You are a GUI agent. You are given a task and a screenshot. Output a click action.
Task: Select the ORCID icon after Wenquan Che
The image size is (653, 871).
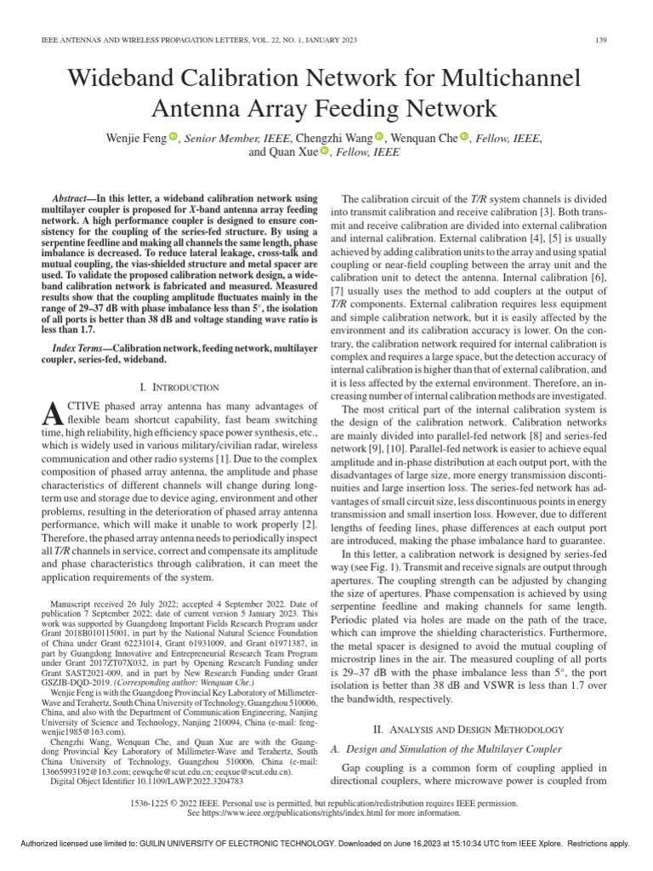point(464,136)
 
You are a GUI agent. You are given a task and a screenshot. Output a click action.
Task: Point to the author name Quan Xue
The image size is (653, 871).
point(283,152)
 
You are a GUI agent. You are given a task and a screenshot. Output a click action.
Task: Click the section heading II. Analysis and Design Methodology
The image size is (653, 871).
point(469,730)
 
